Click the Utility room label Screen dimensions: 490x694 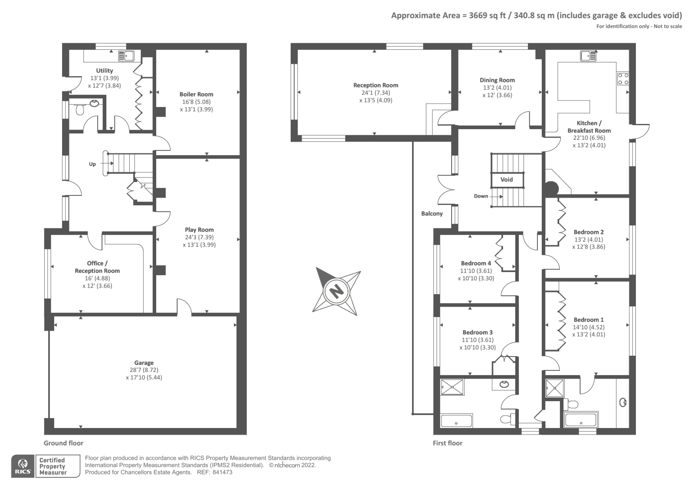coord(105,71)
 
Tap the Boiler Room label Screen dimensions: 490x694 coord(196,94)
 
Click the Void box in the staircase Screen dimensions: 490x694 coord(507,179)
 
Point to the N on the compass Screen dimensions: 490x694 coord(336,290)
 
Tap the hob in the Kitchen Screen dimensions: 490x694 coord(623,78)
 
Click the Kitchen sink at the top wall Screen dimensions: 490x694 coord(589,56)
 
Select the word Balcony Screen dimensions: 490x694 coord(432,214)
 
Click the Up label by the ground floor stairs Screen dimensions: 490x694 coord(92,164)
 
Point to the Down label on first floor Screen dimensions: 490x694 coord(481,196)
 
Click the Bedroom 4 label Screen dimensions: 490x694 coord(476,263)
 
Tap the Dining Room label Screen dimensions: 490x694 coord(497,80)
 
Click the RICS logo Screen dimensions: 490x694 coord(23,466)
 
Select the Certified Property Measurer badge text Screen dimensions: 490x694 coord(52,466)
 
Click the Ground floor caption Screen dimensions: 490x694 coord(63,443)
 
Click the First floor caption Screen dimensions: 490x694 coord(448,443)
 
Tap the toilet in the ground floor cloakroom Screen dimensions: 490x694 coord(80,110)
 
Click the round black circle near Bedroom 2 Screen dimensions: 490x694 coord(551,188)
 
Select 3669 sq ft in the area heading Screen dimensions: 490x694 coord(487,16)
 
